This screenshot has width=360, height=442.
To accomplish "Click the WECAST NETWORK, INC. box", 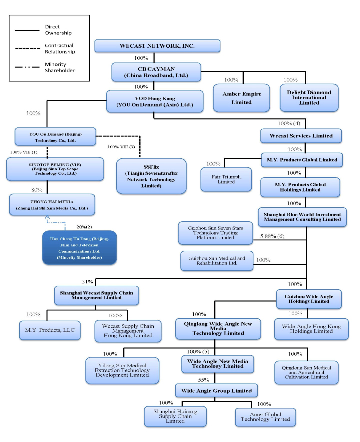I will pyautogui.click(x=157, y=46).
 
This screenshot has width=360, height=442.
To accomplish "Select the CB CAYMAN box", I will pyautogui.click(x=156, y=71).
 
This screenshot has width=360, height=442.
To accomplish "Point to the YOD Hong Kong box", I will pyautogui.click(x=155, y=101).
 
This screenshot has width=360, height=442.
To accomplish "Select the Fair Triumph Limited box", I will pyautogui.click(x=226, y=179).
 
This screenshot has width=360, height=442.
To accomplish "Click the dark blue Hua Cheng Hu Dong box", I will pyautogui.click(x=79, y=246).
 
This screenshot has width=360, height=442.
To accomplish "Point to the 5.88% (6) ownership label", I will pyautogui.click(x=272, y=236).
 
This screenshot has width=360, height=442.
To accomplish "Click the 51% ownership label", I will pyautogui.click(x=88, y=281).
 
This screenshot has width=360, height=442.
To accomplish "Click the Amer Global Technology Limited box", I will pyautogui.click(x=265, y=416).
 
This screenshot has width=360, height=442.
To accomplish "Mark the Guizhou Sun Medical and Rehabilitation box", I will pyautogui.click(x=217, y=261).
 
